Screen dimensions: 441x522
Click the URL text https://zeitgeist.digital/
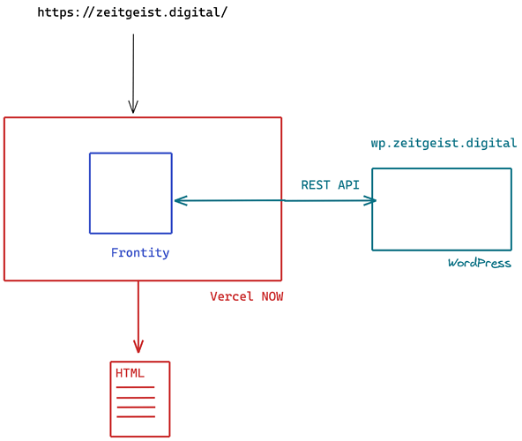click(x=132, y=13)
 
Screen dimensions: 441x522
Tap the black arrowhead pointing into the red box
click(x=133, y=108)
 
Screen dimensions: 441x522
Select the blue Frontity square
click(x=130, y=193)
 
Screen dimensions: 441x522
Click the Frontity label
click(x=140, y=253)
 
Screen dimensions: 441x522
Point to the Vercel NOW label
click(x=247, y=296)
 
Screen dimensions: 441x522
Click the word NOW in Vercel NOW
click(x=272, y=296)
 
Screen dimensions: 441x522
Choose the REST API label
click(x=331, y=184)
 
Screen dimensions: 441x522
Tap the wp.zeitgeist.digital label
click(x=444, y=143)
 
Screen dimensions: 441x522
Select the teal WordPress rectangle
click(x=441, y=209)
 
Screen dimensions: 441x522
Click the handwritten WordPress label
click(x=479, y=263)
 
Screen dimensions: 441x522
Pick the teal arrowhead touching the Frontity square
click(x=179, y=201)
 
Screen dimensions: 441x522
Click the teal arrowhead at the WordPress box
click(x=371, y=201)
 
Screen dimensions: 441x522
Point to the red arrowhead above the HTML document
click(x=138, y=348)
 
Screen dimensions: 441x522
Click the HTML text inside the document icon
click(x=130, y=373)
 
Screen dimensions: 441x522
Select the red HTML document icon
click(x=139, y=399)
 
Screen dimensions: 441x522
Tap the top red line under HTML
click(x=135, y=387)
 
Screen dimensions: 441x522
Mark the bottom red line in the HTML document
click(x=135, y=416)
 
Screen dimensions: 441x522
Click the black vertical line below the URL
click(x=133, y=71)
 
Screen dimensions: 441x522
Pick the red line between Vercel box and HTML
click(x=138, y=313)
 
